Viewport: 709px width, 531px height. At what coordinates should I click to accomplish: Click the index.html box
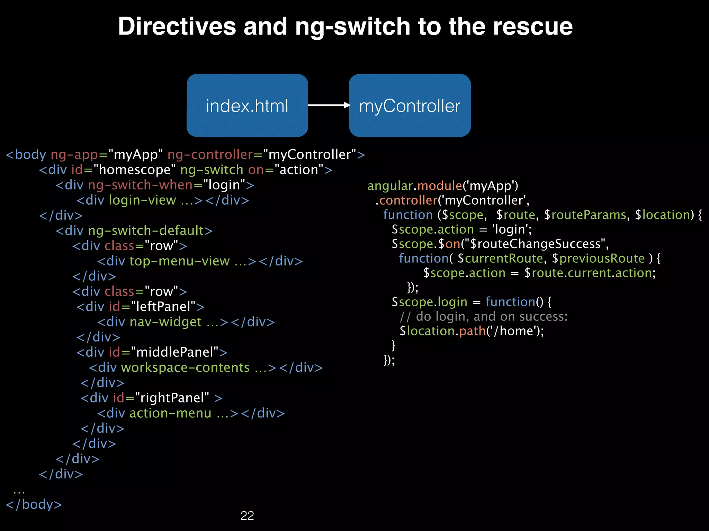click(247, 105)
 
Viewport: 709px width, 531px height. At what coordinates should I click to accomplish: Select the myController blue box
click(410, 105)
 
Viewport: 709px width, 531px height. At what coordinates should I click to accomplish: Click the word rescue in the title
click(533, 27)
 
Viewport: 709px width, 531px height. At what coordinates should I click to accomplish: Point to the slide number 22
click(247, 515)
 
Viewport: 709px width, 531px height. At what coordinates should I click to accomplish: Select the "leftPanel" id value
click(163, 307)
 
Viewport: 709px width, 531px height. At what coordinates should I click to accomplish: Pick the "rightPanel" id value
click(172, 398)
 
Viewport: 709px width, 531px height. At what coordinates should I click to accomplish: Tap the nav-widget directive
click(165, 322)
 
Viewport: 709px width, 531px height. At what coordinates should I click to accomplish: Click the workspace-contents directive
click(185, 367)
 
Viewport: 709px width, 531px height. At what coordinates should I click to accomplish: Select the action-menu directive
click(170, 413)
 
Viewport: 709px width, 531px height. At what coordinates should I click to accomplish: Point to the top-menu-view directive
click(179, 261)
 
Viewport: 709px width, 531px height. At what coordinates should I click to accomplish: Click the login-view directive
click(142, 200)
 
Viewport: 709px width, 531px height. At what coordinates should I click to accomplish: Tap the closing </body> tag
click(34, 504)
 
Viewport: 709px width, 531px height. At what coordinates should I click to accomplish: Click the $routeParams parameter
click(585, 215)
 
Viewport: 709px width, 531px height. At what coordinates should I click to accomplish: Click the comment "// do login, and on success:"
click(483, 317)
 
